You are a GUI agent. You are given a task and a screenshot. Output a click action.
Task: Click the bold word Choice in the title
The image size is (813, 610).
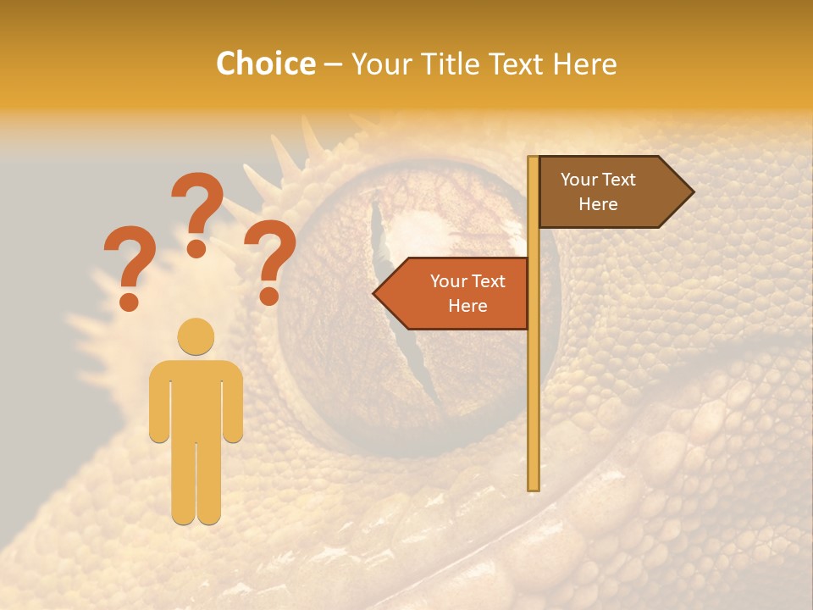click(x=265, y=64)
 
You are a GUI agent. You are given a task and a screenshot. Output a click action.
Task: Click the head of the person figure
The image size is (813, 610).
click(x=196, y=336)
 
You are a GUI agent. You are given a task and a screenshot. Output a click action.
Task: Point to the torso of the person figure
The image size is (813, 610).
click(x=196, y=398)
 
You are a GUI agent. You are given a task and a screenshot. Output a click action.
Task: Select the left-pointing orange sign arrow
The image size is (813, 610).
click(x=453, y=293)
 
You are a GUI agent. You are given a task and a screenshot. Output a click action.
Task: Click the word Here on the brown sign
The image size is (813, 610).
click(x=598, y=204)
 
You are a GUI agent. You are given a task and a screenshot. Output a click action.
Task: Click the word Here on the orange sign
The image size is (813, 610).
click(x=467, y=306)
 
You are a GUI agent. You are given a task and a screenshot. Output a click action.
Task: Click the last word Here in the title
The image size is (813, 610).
click(x=584, y=64)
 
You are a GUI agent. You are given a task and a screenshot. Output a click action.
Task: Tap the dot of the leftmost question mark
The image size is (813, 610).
click(x=129, y=301)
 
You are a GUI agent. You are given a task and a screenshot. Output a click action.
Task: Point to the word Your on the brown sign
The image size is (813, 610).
click(x=579, y=180)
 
